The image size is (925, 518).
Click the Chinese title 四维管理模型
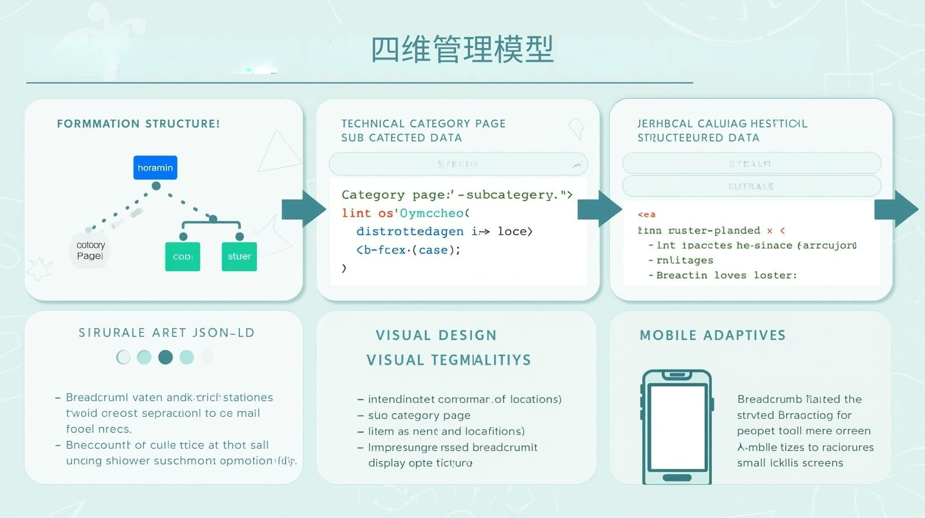click(462, 50)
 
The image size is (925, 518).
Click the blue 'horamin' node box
click(155, 168)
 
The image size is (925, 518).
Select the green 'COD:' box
click(183, 257)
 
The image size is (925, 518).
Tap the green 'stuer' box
click(239, 256)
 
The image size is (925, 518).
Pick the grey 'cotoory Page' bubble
click(90, 250)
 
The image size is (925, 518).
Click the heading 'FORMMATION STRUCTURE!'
click(138, 124)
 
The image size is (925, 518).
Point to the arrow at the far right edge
click(896, 209)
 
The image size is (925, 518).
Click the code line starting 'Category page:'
click(457, 195)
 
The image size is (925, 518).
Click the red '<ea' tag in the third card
click(646, 214)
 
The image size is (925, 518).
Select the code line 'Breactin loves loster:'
click(726, 275)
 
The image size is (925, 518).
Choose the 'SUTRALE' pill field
click(752, 186)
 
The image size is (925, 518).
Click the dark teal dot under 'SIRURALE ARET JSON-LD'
click(165, 357)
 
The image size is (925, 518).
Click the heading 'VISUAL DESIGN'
click(436, 335)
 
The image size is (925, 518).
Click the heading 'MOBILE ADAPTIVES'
click(712, 335)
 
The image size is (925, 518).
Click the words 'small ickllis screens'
click(790, 462)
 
